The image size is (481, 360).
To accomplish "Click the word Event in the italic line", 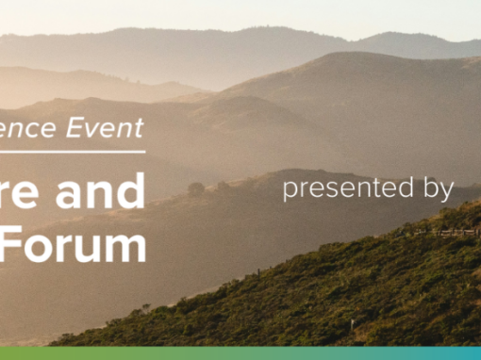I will (x=110, y=128).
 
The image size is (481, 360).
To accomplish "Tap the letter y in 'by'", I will (x=447, y=192).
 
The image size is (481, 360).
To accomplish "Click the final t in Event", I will (x=140, y=128).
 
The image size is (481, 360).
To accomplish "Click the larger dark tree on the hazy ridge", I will (x=196, y=188).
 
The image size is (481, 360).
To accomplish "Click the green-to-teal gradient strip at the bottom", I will (x=240, y=353).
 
